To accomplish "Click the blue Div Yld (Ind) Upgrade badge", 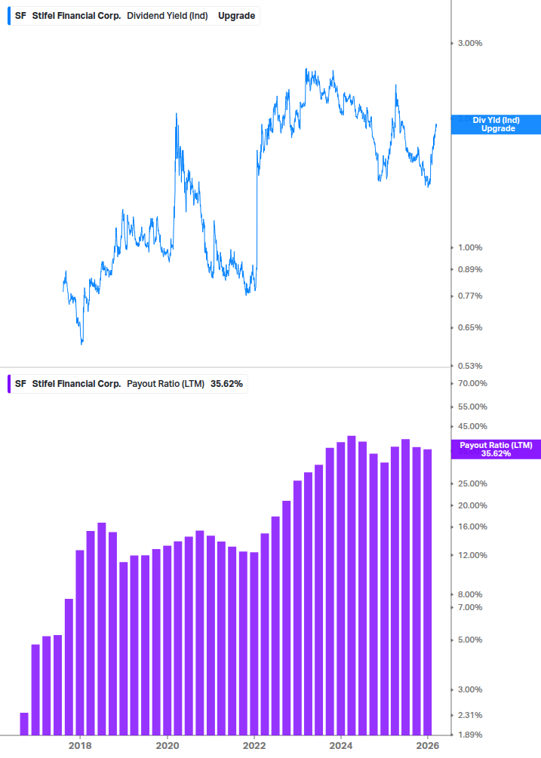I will click(x=495, y=124).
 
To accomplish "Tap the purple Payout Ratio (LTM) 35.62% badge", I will click(x=495, y=450).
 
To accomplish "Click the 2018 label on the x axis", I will click(x=80, y=745).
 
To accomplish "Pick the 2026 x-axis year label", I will click(x=428, y=745).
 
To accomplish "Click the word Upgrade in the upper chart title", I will click(x=236, y=15).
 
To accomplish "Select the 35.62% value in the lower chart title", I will click(x=226, y=384).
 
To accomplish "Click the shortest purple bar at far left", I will click(x=24, y=723).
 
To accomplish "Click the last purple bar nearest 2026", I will click(x=428, y=592).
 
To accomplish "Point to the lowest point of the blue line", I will click(x=81, y=343).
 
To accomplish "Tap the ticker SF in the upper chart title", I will click(x=20, y=15).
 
